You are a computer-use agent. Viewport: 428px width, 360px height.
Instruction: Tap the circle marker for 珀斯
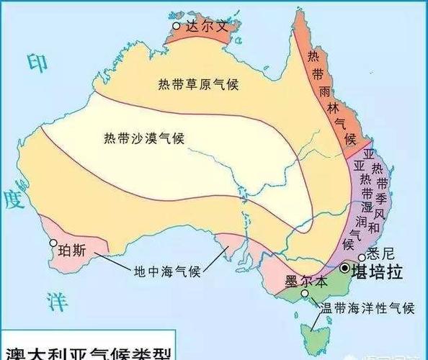[53, 243]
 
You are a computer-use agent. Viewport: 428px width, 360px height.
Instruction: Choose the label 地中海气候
[167, 271]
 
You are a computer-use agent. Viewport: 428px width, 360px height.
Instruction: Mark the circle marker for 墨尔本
[306, 294]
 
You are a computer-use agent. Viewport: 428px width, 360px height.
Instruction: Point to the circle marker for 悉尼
[360, 258]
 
